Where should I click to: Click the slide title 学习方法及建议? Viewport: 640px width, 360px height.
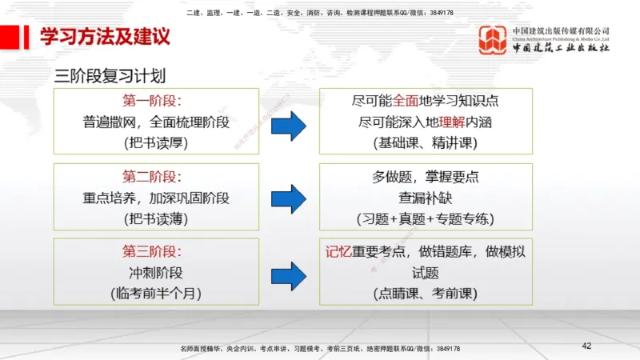point(104,37)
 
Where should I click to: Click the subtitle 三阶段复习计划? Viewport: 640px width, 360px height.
point(110,77)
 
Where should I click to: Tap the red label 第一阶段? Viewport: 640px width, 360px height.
point(152,102)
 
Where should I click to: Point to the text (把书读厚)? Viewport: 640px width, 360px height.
point(157,143)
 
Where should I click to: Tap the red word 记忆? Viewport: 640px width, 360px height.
point(339,252)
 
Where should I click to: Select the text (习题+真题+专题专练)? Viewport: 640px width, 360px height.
point(425,218)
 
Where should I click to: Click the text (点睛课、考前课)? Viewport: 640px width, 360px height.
point(425,294)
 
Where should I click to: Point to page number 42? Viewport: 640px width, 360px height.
point(586,346)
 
